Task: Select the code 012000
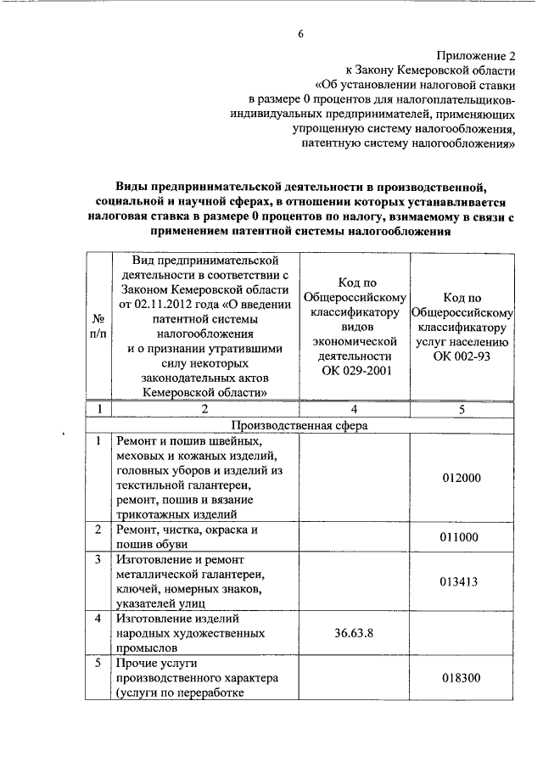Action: click(x=462, y=478)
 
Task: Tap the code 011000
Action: click(x=462, y=536)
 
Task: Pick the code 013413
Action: click(x=462, y=581)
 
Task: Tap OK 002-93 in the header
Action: click(x=462, y=356)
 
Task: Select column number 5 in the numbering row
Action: click(x=462, y=409)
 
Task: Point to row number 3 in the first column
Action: click(x=99, y=559)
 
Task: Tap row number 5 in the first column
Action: click(x=99, y=662)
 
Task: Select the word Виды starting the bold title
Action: click(x=134, y=186)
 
